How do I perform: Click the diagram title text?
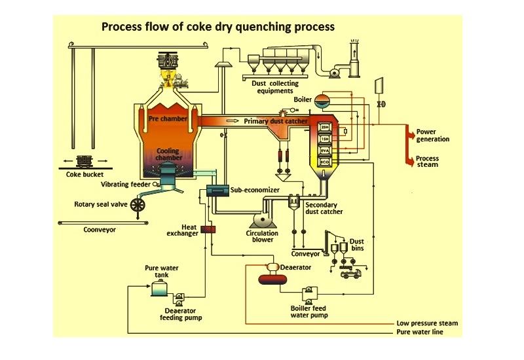tap(217, 27)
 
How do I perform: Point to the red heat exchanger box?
tap(210, 229)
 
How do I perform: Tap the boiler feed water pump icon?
tap(307, 293)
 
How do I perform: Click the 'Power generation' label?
tap(433, 135)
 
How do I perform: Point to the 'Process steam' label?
tap(428, 162)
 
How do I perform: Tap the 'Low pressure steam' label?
tap(427, 323)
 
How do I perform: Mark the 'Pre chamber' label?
tap(168, 119)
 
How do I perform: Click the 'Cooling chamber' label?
tap(168, 154)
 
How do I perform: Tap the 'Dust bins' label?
tap(357, 245)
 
